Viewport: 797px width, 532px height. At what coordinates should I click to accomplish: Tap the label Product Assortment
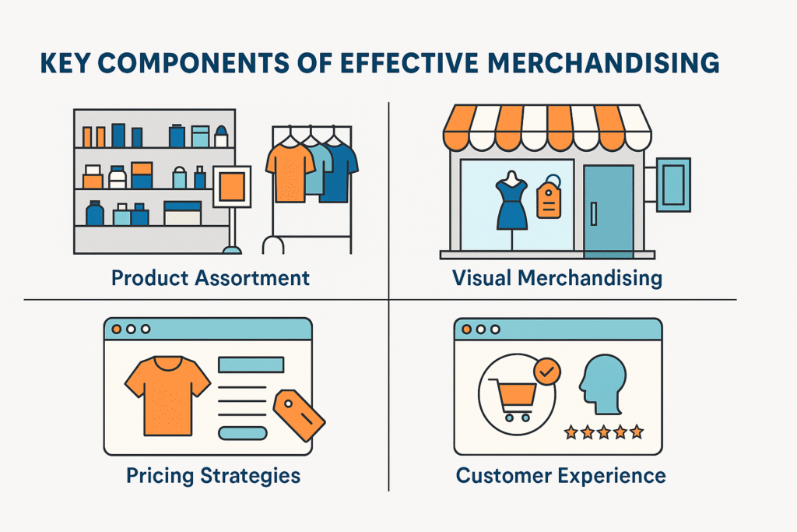210,277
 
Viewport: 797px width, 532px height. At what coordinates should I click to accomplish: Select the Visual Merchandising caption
557,277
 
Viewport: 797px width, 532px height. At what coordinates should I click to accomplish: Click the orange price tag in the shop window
549,201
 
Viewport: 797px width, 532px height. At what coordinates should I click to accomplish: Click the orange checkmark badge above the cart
548,372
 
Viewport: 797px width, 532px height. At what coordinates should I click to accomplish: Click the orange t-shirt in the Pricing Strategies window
167,393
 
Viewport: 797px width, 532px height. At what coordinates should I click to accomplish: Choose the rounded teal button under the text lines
243,433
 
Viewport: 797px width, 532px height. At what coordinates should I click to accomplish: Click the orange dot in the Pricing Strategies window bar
117,329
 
